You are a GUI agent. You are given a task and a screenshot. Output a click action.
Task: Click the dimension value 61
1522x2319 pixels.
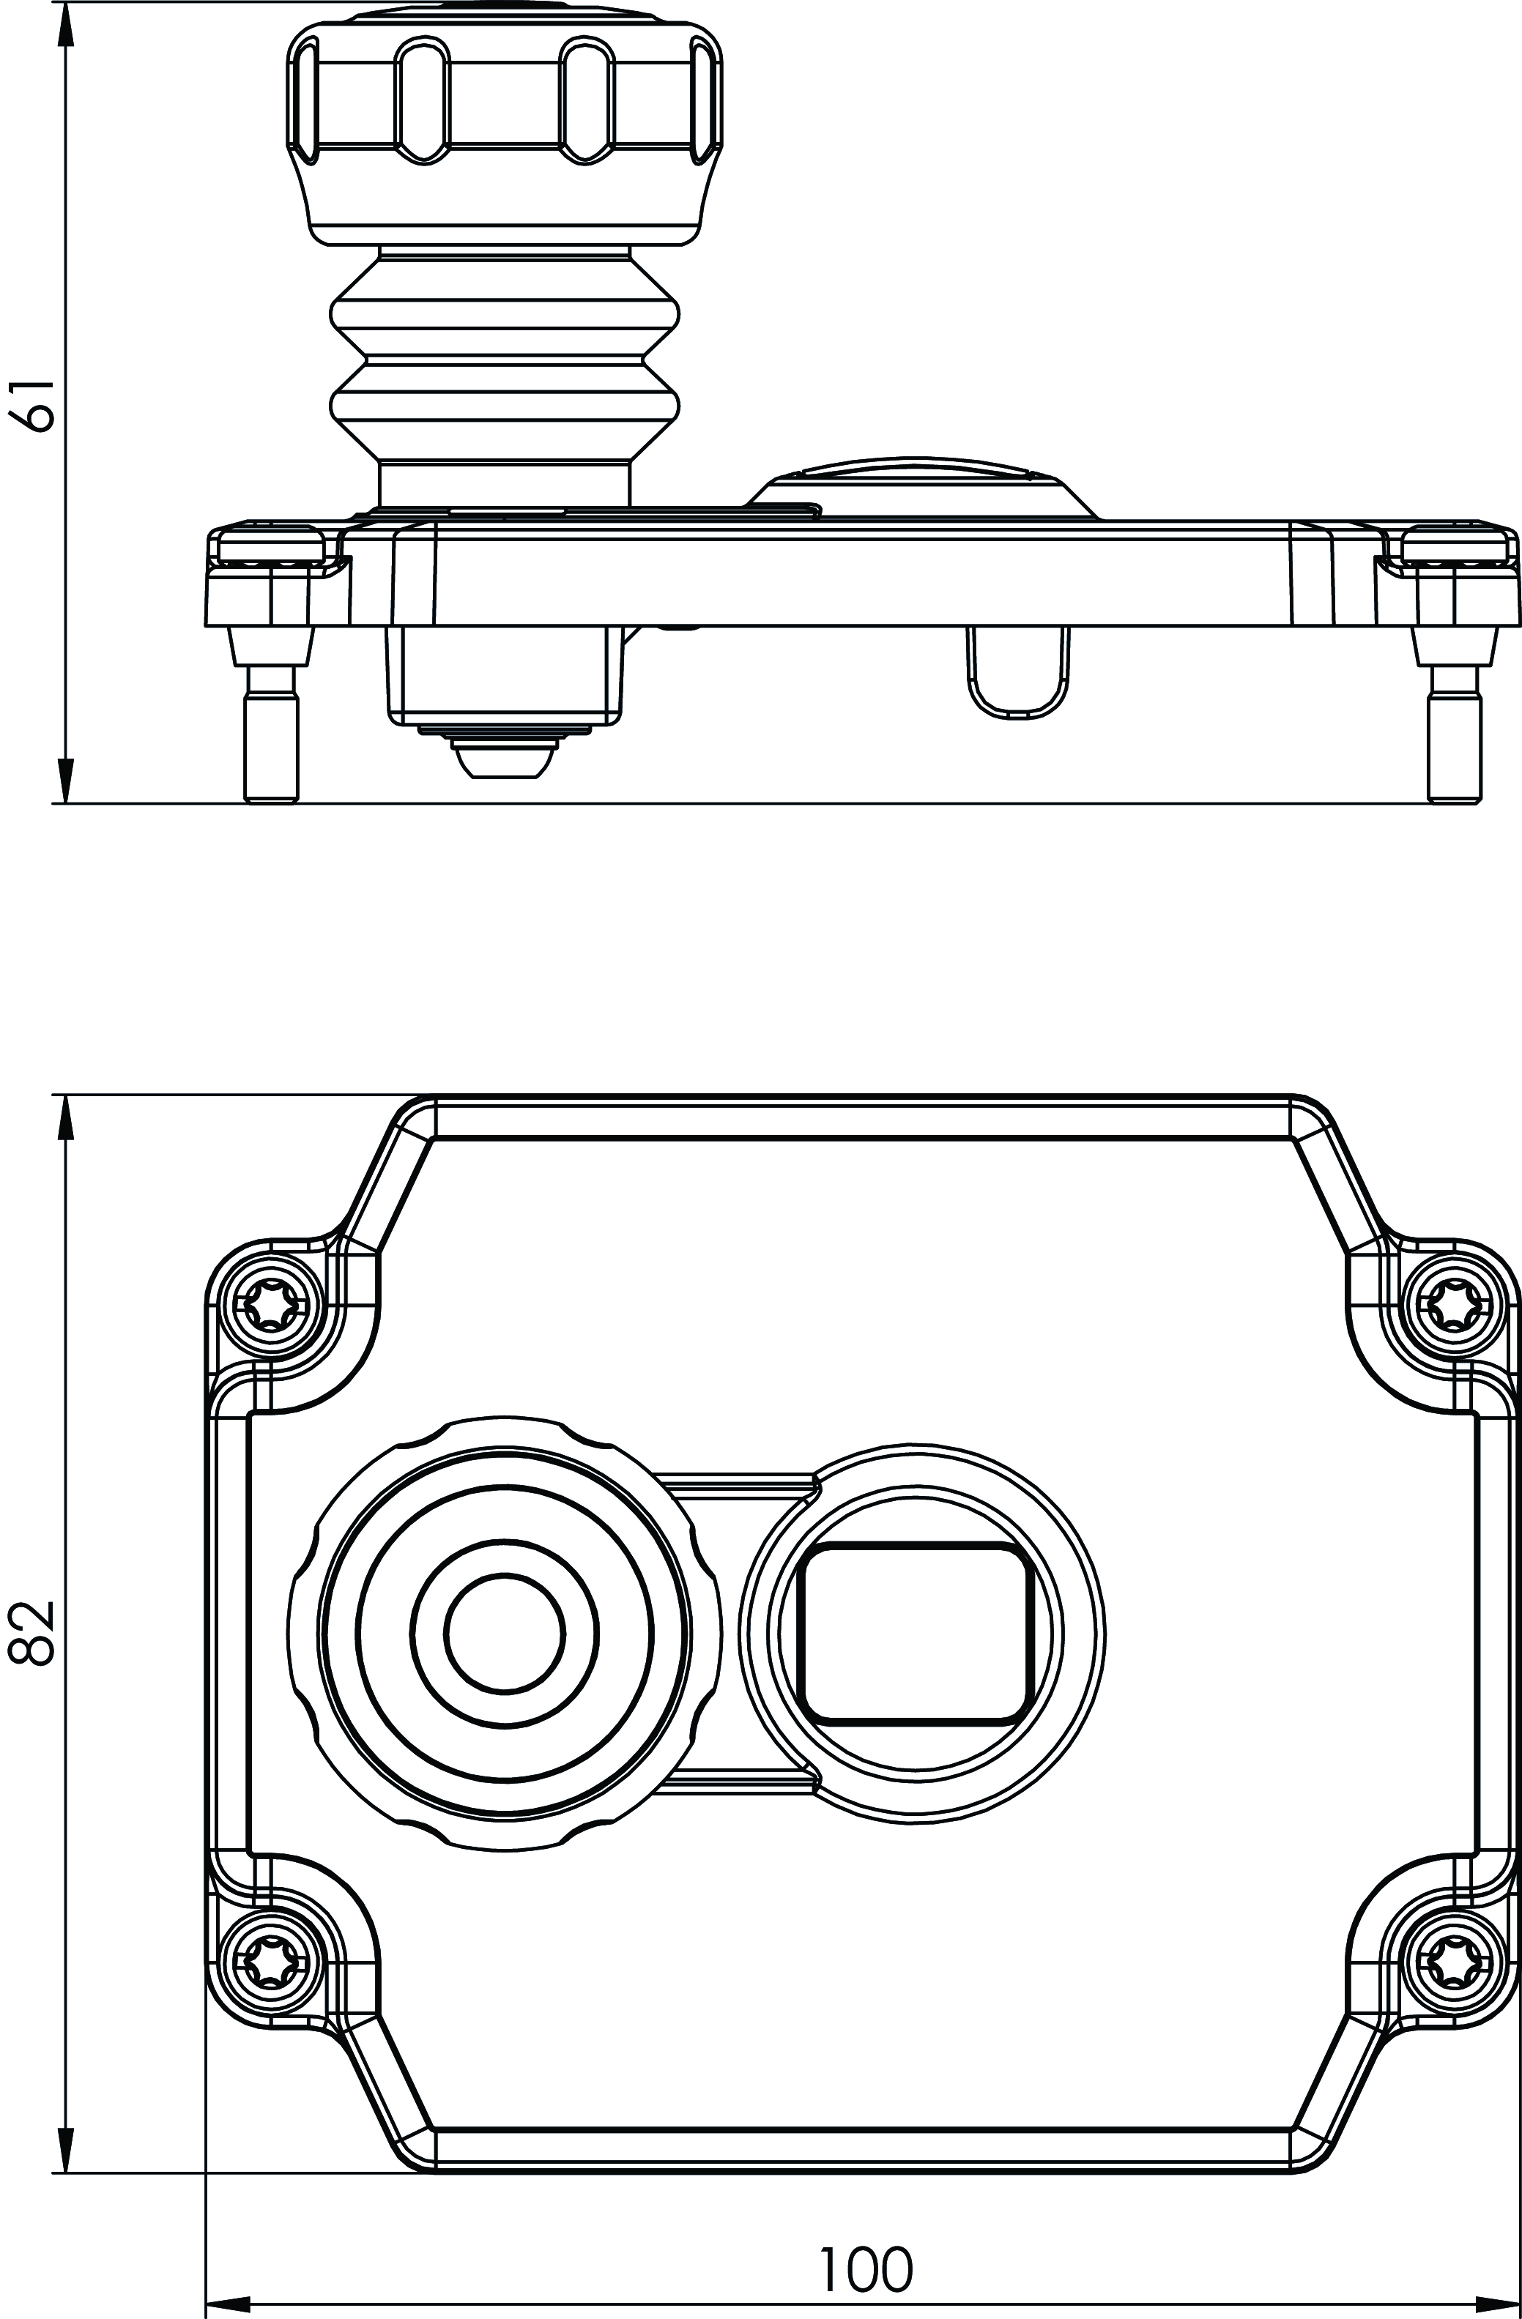31,403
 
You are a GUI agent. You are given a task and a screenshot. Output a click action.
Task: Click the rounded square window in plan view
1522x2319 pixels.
915,1630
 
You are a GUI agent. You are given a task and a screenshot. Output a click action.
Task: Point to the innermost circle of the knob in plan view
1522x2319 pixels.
505,1630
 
